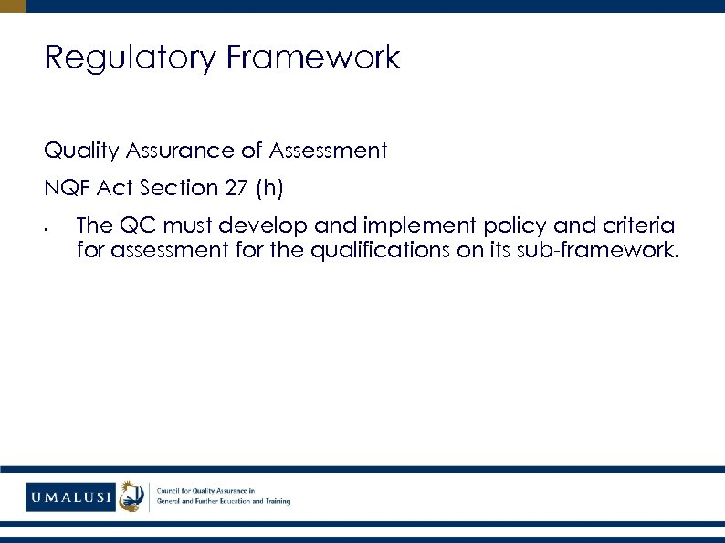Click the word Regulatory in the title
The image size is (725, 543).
tap(131, 57)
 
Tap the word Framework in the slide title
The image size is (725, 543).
tap(313, 57)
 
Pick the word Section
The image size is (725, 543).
tap(173, 189)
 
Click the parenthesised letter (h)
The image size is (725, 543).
tap(270, 189)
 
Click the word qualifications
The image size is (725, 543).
tap(381, 249)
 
